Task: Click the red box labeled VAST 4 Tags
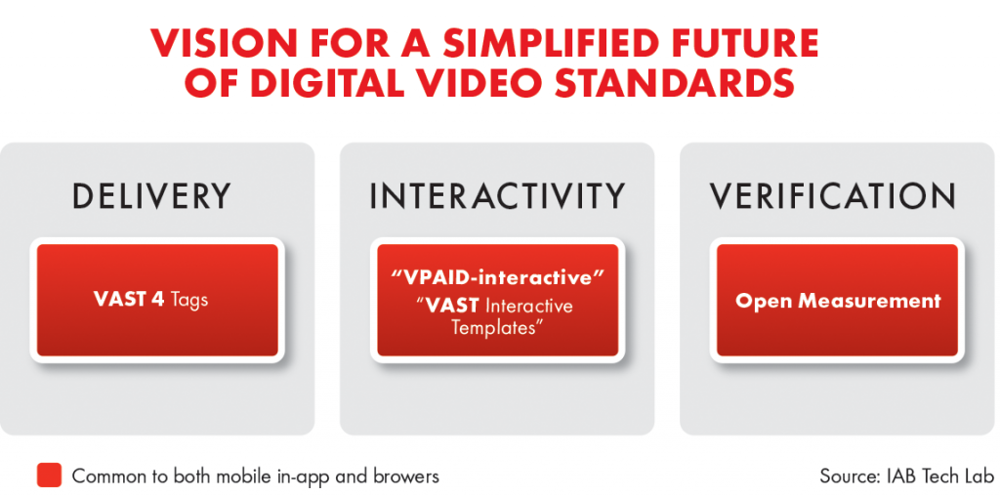pos(157,301)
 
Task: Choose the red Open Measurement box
pos(837,301)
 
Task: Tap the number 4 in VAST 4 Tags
pos(157,300)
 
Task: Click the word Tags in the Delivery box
pos(189,301)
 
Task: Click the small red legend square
pos(49,475)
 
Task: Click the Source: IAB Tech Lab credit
pos(907,475)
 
